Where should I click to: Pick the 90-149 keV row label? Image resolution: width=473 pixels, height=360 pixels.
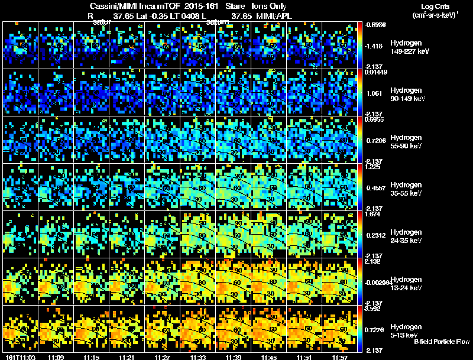pos(406,99)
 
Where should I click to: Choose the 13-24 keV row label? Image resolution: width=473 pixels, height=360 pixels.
pos(407,288)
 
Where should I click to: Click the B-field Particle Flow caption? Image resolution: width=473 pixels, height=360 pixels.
pos(441,342)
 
